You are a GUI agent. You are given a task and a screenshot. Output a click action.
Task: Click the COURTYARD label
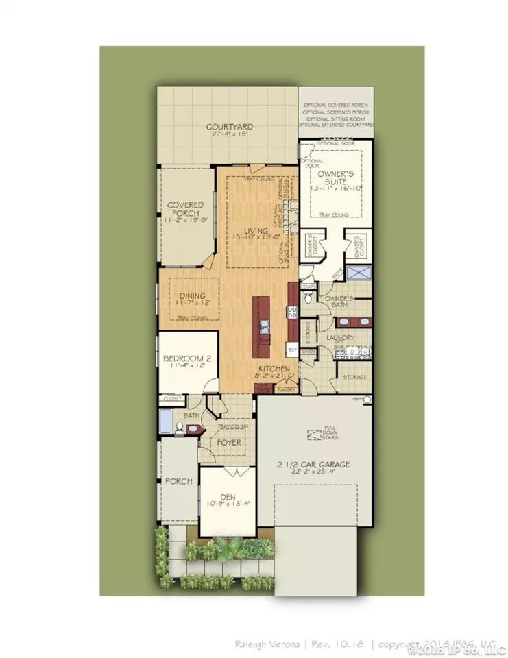[230, 127]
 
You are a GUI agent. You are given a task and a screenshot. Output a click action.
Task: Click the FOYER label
[230, 443]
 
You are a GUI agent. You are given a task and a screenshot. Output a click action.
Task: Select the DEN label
[226, 499]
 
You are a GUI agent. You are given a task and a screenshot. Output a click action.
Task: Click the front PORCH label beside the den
[178, 481]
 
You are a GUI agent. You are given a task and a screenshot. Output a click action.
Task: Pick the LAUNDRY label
[341, 338]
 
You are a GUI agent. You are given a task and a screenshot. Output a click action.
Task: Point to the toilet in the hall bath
[180, 428]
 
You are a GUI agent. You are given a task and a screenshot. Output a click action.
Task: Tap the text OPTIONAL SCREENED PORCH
[336, 112]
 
